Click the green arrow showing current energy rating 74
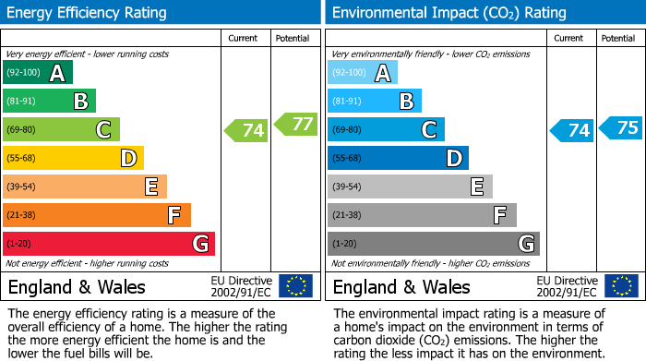coord(246,130)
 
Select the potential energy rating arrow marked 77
coord(294,124)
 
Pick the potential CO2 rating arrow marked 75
coord(620,127)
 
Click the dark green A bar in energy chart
coord(38,73)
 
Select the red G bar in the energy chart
coord(108,244)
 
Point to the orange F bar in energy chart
coord(96,215)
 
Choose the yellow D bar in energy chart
coord(73,158)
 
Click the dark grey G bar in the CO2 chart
coord(433,244)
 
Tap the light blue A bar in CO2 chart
coord(363,73)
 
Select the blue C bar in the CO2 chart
coord(386,129)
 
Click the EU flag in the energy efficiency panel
coord(295,286)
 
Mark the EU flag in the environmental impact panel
coord(621,286)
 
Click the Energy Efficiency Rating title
coord(88,13)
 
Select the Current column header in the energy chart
coord(245,38)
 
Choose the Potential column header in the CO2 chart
coord(617,38)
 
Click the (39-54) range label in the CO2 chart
coord(349,187)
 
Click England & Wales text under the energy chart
coord(77,286)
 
